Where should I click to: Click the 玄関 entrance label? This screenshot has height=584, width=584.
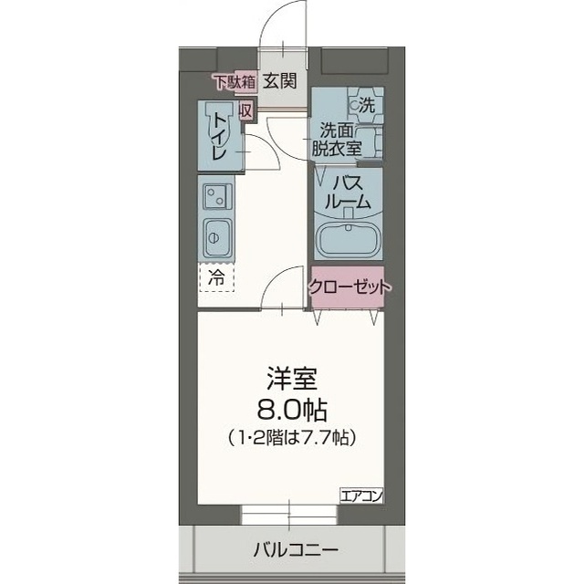(x=280, y=81)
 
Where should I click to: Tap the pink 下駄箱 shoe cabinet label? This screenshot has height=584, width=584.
(x=234, y=81)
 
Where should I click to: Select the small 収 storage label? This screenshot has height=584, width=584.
(x=245, y=109)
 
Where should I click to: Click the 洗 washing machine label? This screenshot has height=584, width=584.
(x=365, y=105)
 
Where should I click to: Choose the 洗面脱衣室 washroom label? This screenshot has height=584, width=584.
(x=340, y=139)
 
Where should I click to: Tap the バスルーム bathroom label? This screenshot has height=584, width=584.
(x=349, y=193)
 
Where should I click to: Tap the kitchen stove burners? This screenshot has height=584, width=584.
(x=216, y=193)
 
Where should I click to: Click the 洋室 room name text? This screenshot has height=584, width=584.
(x=291, y=375)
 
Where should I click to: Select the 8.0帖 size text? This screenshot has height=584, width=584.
(x=291, y=406)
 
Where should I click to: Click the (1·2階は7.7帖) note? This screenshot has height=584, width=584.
(x=291, y=437)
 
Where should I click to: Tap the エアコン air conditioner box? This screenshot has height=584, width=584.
(x=361, y=495)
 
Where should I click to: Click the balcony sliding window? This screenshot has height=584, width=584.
(x=291, y=514)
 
